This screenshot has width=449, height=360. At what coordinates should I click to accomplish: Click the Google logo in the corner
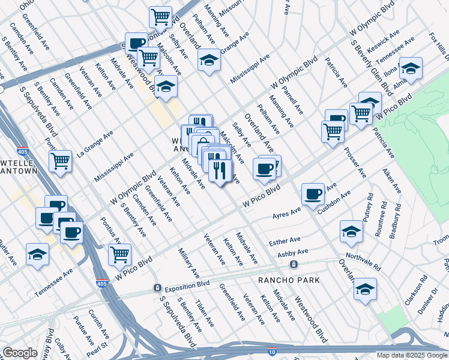[20, 353]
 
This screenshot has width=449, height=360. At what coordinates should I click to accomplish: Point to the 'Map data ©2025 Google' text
[412, 355]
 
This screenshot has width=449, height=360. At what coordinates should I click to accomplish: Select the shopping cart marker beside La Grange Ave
[60, 161]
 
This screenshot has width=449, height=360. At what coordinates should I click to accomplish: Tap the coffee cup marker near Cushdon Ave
[313, 194]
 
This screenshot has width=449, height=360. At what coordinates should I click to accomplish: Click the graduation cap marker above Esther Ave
[351, 232]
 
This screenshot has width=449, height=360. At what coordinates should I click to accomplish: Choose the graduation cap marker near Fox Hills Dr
[411, 68]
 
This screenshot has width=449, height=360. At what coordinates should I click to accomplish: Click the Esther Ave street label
[285, 241]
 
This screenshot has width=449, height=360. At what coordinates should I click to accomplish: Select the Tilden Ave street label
[204, 314]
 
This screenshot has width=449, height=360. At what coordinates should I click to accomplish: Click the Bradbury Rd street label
[395, 217]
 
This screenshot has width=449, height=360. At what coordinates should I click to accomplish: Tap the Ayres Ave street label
[286, 214]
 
